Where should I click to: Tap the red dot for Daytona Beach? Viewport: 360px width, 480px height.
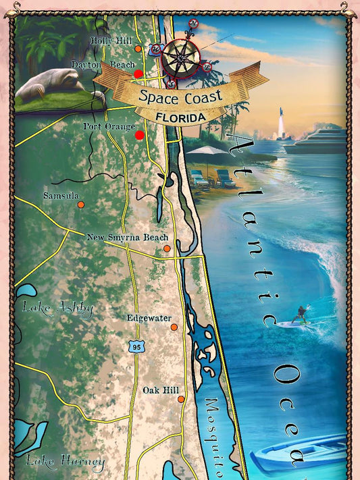pos(138,74)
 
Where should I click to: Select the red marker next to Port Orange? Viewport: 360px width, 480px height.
pos(140,135)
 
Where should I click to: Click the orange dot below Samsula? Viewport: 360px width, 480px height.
pos(80,205)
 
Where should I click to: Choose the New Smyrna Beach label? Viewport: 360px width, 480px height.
pos(128,238)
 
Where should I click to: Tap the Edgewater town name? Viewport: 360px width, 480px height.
pos(149,318)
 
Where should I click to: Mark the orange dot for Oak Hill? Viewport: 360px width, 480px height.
pos(181,399)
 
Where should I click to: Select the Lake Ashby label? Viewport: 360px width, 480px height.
pos(57,309)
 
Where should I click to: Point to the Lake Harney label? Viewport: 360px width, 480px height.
pos(65,462)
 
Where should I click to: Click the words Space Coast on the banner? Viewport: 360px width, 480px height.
pos(180,96)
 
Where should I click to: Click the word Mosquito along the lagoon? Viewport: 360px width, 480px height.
pos(220,432)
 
